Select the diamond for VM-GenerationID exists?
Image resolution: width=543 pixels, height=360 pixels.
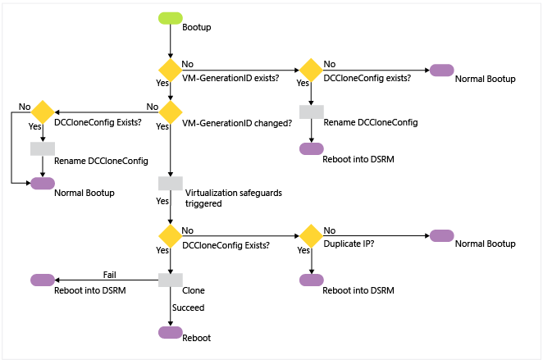coord(170,70)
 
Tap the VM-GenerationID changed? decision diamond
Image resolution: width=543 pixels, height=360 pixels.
coord(170,112)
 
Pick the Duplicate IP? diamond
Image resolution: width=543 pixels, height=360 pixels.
coord(311,235)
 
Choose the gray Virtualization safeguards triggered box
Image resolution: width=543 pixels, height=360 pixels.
coord(170,183)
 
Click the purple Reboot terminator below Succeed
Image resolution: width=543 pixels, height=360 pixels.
coord(170,331)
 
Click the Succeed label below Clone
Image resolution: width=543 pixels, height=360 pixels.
coord(188,308)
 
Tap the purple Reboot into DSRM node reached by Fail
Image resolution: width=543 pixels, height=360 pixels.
coord(42,280)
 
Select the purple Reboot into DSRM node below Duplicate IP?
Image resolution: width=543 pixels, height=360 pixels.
coord(311,280)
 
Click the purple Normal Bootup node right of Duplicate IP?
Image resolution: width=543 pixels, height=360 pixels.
coord(441,235)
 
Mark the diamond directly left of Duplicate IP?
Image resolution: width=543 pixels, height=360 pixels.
coord(170,235)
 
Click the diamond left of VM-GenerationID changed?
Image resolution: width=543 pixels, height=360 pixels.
coord(42,112)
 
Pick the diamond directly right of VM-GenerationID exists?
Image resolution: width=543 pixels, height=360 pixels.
coord(311,70)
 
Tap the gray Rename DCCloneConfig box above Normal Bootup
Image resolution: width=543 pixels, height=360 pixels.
coord(42,148)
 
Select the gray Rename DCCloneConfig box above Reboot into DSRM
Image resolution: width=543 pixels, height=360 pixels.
coord(311,112)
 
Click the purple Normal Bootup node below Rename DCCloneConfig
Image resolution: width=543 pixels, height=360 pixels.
coord(42,183)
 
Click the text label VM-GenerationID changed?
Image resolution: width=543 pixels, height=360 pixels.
coord(235,124)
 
